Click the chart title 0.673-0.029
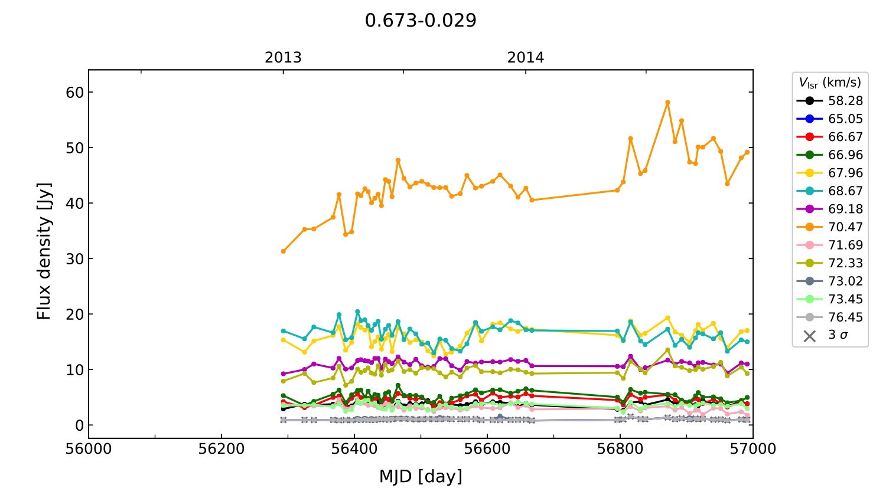(421, 21)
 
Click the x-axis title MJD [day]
(421, 476)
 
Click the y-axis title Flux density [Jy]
(44, 251)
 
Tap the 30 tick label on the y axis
(75, 259)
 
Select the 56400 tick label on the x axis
(354, 449)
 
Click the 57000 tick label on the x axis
(753, 449)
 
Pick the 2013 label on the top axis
(283, 58)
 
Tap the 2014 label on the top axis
(525, 58)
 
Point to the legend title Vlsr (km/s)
(830, 83)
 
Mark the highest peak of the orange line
(667, 103)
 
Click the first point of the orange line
(284, 251)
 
